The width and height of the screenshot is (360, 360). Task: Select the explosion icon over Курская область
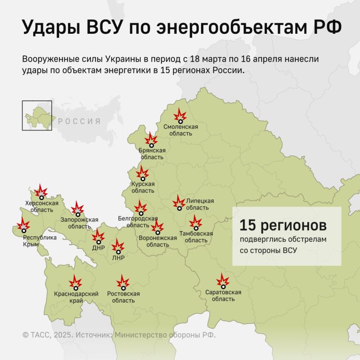point(143,174)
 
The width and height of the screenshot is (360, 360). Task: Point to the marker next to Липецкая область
point(179,203)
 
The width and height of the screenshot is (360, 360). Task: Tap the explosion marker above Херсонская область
point(41,192)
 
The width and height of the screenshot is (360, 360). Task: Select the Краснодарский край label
point(76,297)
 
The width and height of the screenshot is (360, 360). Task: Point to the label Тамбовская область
point(196,237)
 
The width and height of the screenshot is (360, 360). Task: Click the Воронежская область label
point(157,241)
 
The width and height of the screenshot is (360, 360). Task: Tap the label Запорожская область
point(79,223)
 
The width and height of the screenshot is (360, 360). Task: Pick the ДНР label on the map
point(98,247)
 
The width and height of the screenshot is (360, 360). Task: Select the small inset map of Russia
point(37,116)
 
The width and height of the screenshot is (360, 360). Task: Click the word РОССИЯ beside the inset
point(79,121)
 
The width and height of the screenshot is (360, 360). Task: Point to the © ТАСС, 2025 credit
point(47,335)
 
